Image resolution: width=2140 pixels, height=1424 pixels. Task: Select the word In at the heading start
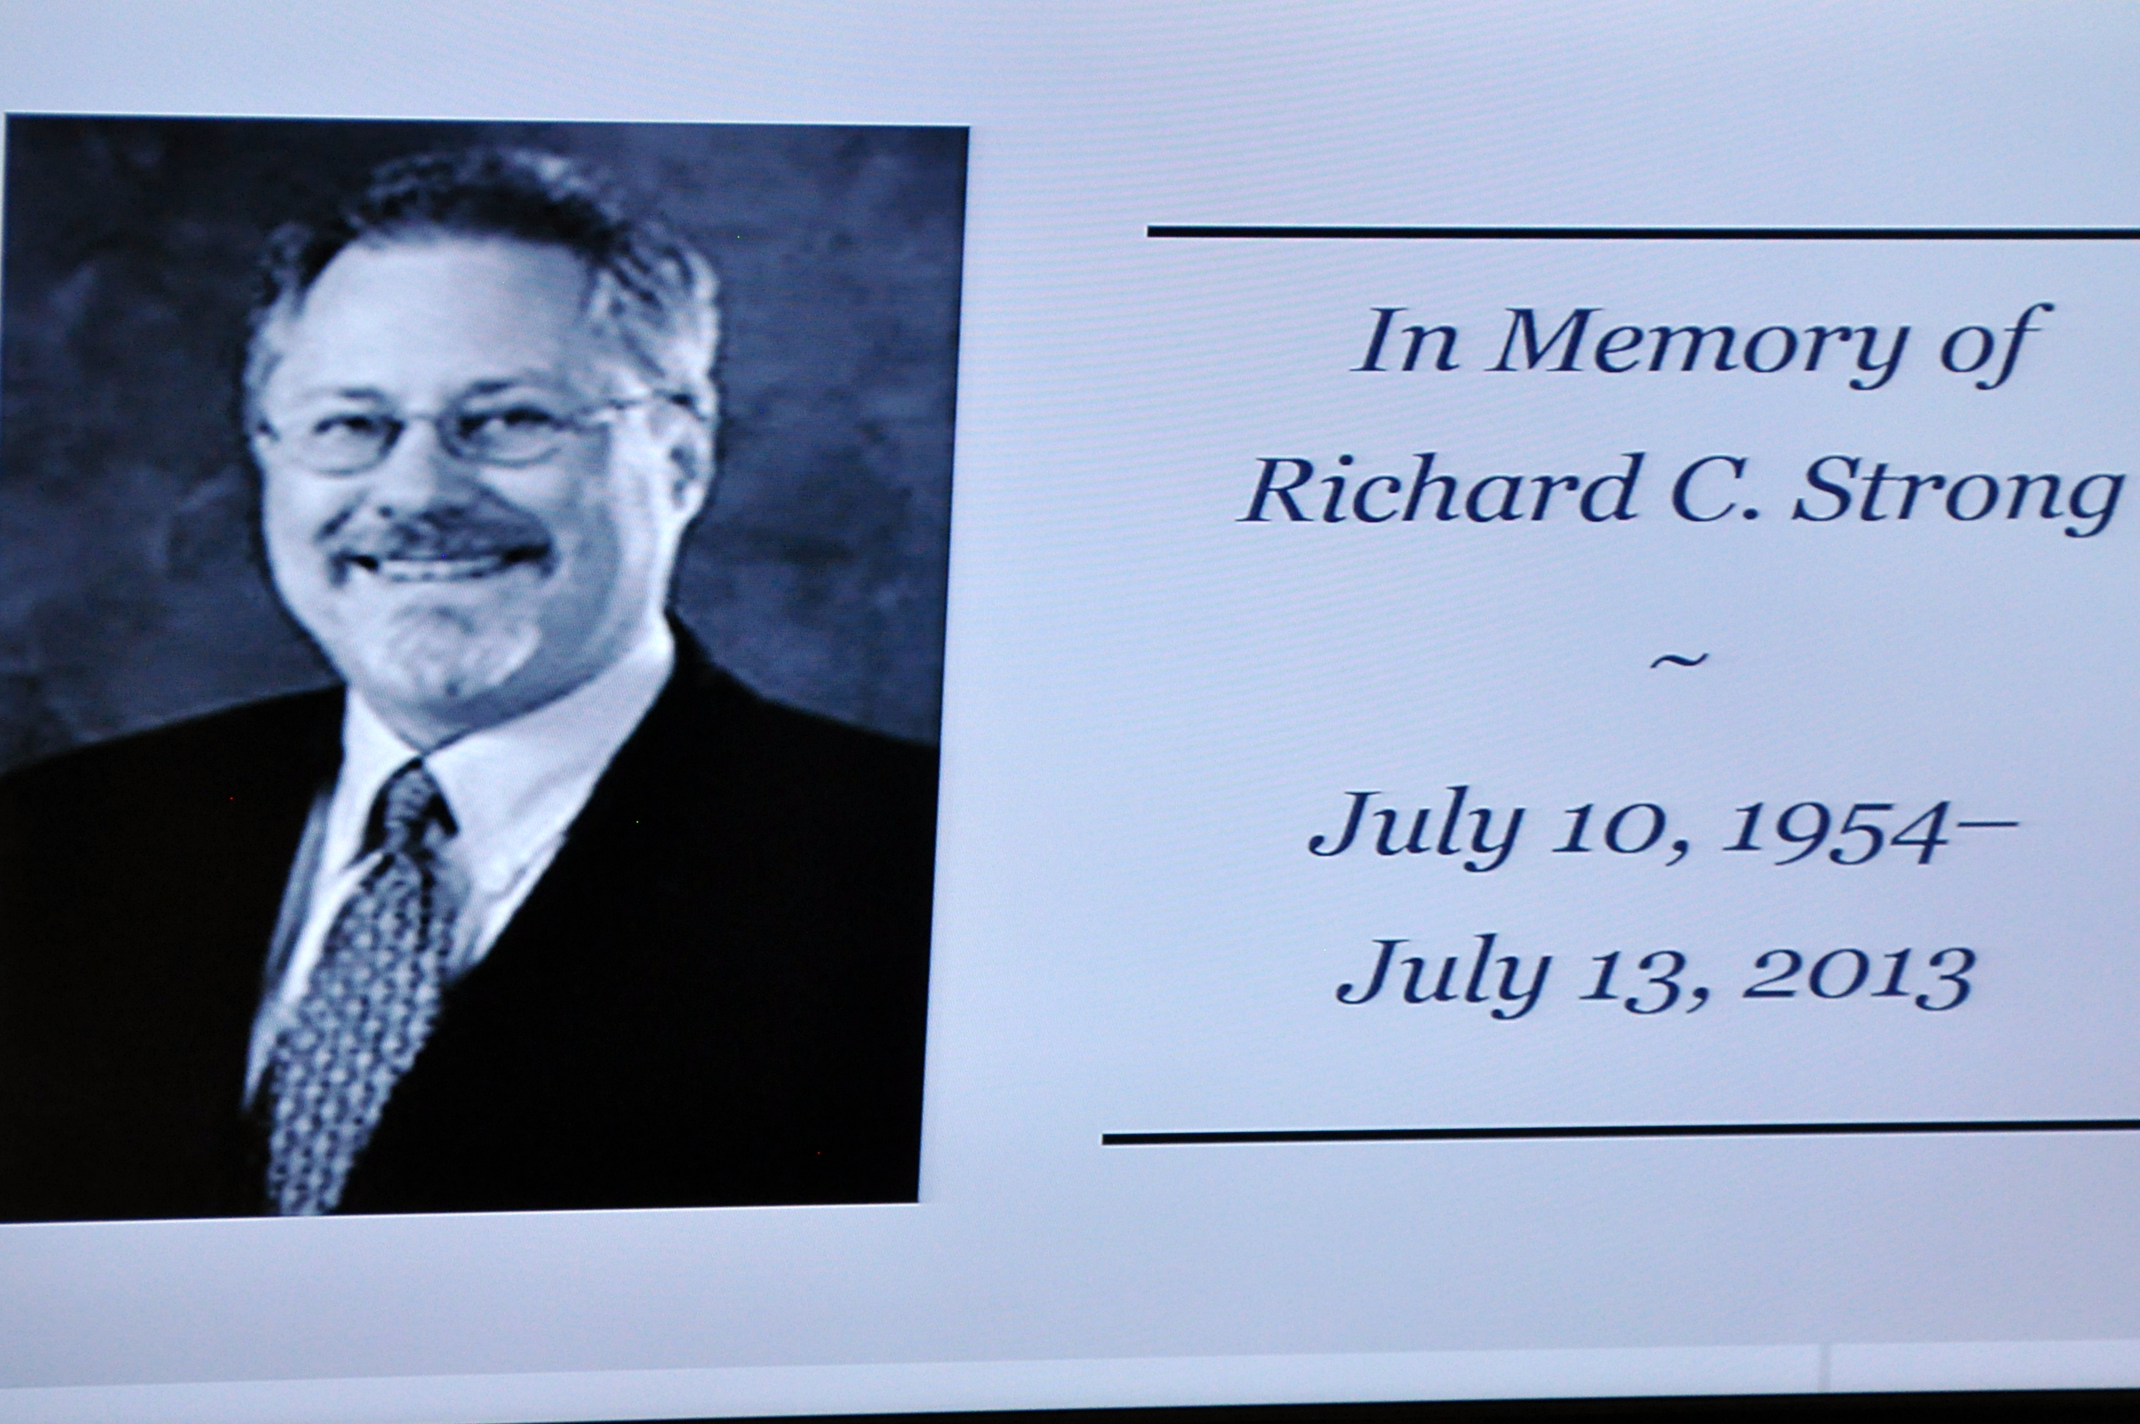[x=1403, y=341]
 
